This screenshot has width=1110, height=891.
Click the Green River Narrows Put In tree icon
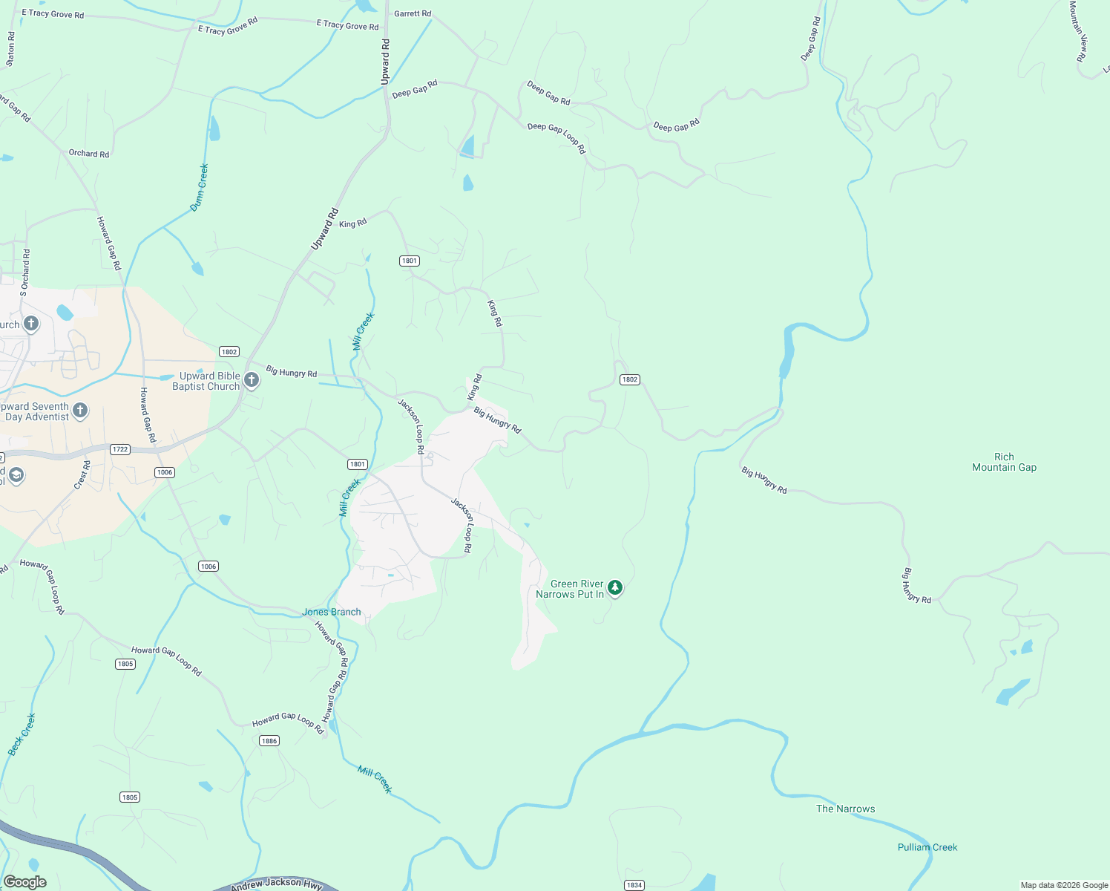click(x=615, y=588)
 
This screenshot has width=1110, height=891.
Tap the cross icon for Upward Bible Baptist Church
click(x=252, y=381)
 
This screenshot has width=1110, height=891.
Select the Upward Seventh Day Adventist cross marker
click(x=80, y=411)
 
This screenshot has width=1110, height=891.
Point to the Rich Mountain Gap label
click(x=1004, y=462)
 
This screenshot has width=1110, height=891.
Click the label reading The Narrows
click(x=845, y=809)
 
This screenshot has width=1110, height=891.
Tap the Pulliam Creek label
click(x=927, y=847)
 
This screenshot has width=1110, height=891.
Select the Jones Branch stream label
click(x=332, y=612)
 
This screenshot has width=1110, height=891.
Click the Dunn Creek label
click(x=199, y=188)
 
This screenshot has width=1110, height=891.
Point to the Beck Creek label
click(x=22, y=734)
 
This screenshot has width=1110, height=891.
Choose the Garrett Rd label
click(x=413, y=13)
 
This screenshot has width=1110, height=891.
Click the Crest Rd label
click(x=82, y=475)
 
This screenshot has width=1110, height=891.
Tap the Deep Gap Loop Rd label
click(x=556, y=137)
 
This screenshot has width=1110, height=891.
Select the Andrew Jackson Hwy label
click(x=276, y=884)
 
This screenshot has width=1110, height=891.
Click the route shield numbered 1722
click(x=120, y=449)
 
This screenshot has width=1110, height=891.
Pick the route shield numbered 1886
click(x=269, y=740)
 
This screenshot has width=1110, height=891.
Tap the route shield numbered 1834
click(x=634, y=885)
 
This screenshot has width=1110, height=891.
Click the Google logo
click(x=24, y=882)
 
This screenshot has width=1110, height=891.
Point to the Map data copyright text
click(x=1064, y=885)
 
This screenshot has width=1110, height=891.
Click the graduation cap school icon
click(x=16, y=476)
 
